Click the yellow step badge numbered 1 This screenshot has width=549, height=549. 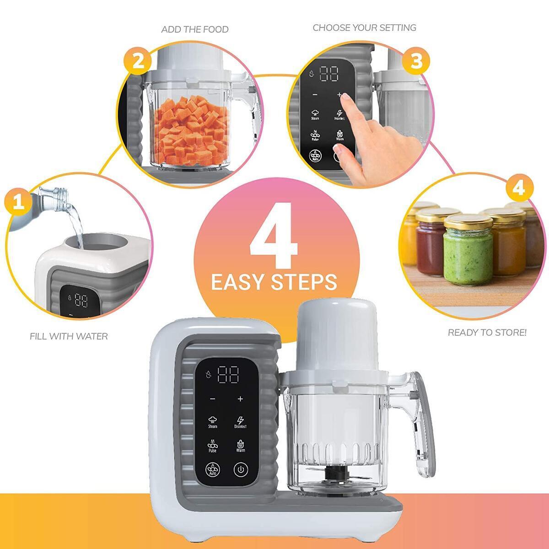click(18, 201)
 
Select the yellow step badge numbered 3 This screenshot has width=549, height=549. click(416, 61)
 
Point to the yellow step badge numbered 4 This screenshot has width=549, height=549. click(518, 188)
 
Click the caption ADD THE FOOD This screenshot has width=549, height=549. click(195, 29)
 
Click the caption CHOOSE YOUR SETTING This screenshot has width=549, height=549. click(364, 27)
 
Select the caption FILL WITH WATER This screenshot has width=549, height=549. click(69, 336)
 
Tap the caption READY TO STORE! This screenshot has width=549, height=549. click(487, 333)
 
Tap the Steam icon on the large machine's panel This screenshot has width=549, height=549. click(213, 421)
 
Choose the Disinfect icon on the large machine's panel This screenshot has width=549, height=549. click(240, 421)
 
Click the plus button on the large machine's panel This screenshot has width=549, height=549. click(240, 399)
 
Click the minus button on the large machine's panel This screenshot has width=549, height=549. click(212, 399)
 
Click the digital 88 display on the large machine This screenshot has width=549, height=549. click(228, 375)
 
